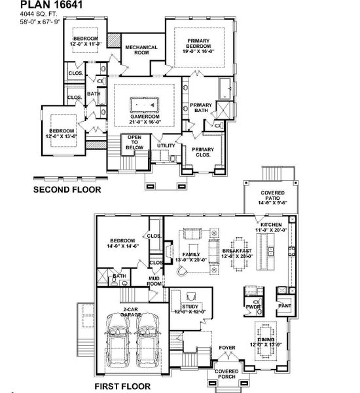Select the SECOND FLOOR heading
point(67,190)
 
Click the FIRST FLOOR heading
point(122,386)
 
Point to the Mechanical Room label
point(141,50)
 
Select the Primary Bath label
point(200,108)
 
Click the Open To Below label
point(135,142)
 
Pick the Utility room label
point(166,145)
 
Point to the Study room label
point(189,309)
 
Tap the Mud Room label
point(154,281)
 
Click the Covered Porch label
point(227,374)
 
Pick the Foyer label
point(226,349)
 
